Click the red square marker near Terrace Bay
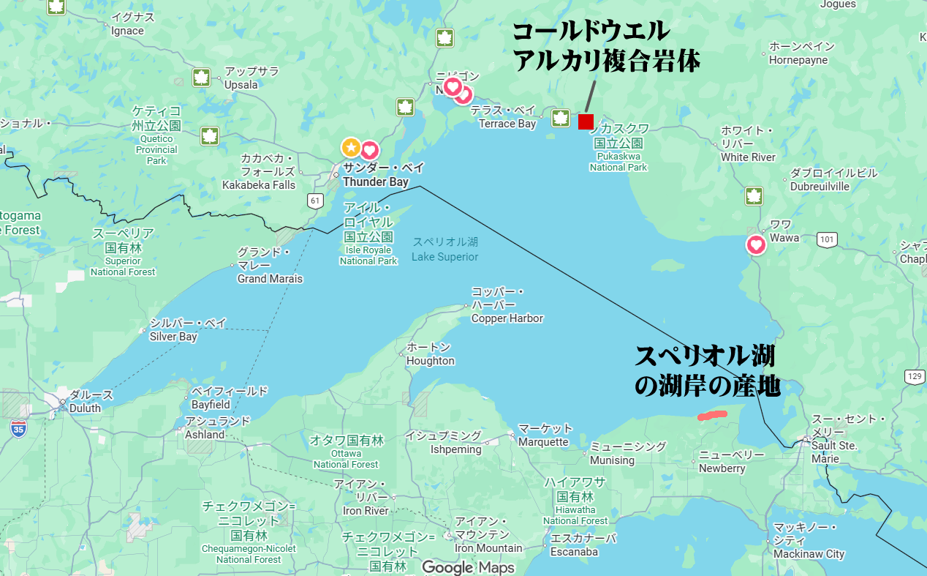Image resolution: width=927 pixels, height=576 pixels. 586,121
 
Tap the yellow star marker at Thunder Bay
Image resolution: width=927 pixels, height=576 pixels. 351,147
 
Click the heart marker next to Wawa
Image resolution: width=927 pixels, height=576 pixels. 755,244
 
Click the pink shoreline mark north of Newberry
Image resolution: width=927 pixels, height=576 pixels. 712,416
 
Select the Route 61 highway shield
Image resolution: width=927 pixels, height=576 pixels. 315,201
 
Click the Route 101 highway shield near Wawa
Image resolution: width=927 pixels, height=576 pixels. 827,239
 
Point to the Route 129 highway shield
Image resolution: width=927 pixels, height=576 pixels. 914,376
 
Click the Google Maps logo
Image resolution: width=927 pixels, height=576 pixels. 468,567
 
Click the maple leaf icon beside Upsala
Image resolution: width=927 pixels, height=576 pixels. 202,77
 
